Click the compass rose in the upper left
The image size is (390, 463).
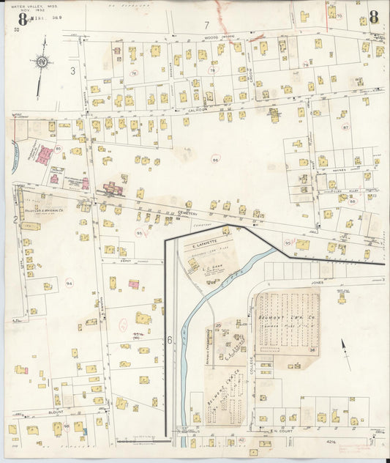[42, 62]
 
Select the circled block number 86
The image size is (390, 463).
[215, 159]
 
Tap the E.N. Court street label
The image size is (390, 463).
[281, 431]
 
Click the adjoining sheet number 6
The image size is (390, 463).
[169, 340]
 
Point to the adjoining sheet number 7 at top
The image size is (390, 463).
[206, 26]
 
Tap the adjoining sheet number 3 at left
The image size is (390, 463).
[73, 71]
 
